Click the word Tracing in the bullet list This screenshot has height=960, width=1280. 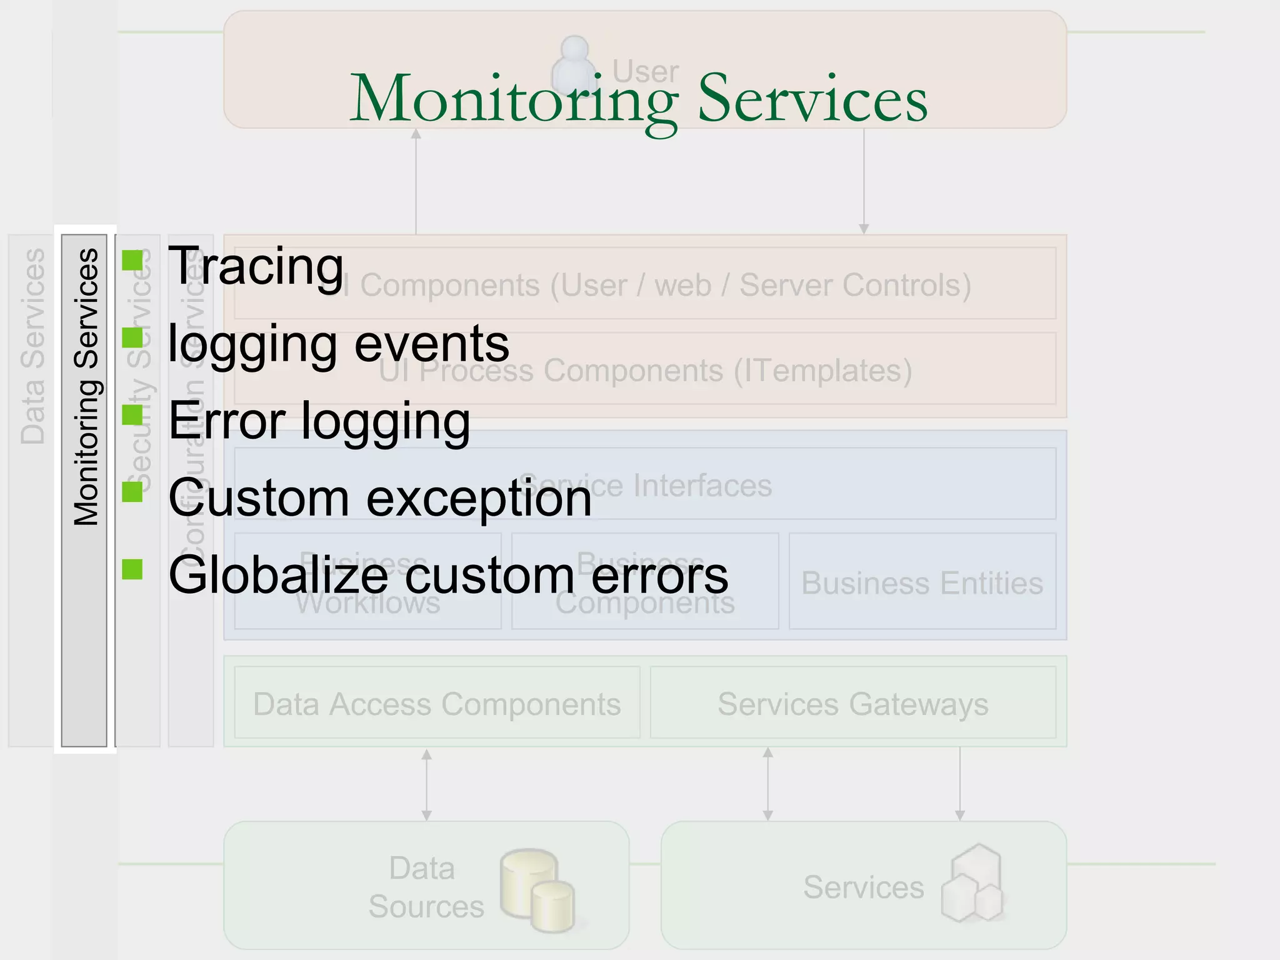[256, 266]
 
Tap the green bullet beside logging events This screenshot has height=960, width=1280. [132, 338]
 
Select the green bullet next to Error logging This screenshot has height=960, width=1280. [132, 415]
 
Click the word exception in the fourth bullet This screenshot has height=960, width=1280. [478, 499]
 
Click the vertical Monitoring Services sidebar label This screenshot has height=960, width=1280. [86, 387]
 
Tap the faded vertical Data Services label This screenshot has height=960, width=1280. [32, 347]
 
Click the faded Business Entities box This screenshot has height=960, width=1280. [922, 582]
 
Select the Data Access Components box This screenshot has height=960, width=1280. [437, 704]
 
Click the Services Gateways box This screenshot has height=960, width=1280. [852, 704]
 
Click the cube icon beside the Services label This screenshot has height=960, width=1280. [972, 884]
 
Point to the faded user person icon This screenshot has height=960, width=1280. [574, 66]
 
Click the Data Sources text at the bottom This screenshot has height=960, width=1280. [425, 887]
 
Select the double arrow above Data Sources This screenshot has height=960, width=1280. [426, 784]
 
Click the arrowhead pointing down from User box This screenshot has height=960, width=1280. [864, 228]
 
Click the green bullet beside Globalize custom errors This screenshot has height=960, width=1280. [132, 569]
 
